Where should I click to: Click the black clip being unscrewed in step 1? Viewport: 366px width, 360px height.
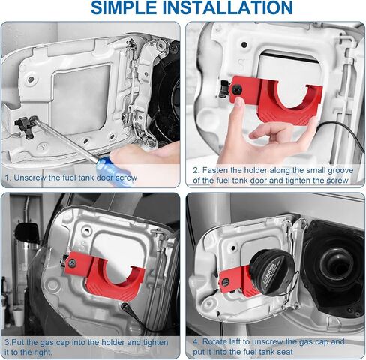(25, 126)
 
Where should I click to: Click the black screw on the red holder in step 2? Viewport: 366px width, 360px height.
(236, 89)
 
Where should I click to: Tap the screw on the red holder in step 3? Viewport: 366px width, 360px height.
(72, 262)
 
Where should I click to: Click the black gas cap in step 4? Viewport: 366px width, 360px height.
(274, 271)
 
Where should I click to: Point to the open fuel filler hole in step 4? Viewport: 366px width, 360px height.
(337, 264)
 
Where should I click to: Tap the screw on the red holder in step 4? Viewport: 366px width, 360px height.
(226, 282)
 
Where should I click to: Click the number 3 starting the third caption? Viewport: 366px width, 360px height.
(7, 342)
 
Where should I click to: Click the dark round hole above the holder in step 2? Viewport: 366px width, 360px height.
(244, 45)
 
